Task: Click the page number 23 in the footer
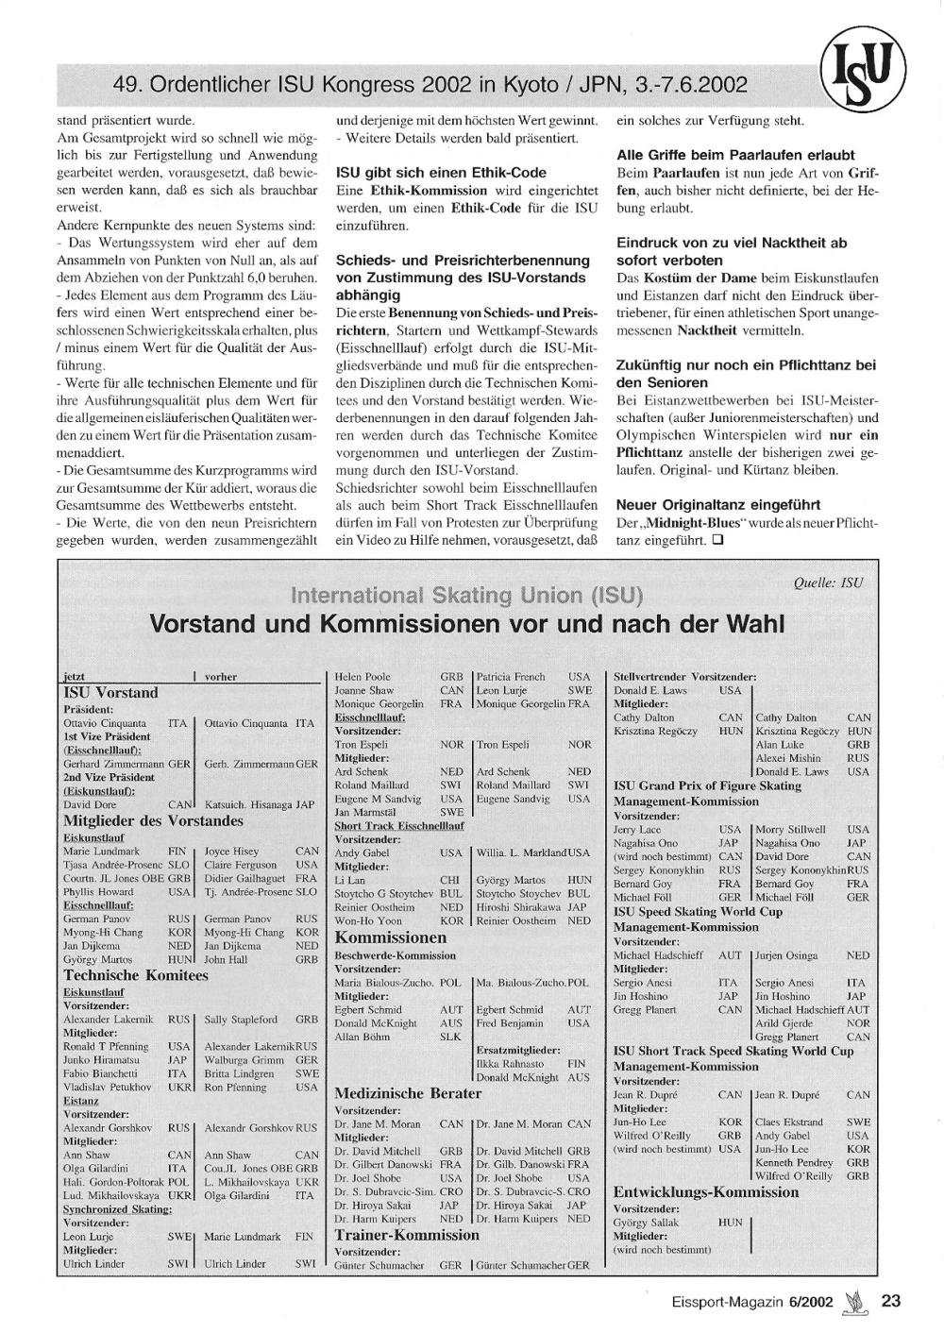[890, 1301]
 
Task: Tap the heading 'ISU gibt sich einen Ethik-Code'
[441, 173]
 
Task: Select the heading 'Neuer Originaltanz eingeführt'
[717, 505]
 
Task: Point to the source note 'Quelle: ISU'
[828, 582]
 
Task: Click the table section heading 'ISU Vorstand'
[110, 692]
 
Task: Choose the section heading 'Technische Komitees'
[136, 975]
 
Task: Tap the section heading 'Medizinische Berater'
[408, 1093]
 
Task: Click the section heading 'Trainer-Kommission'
[407, 1235]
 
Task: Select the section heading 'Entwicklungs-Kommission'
[706, 1191]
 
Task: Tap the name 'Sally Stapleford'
[241, 1020]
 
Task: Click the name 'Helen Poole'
[362, 677]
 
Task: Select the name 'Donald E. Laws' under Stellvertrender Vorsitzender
[650, 690]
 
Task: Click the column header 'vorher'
[221, 677]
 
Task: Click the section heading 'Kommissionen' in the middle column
[391, 937]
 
